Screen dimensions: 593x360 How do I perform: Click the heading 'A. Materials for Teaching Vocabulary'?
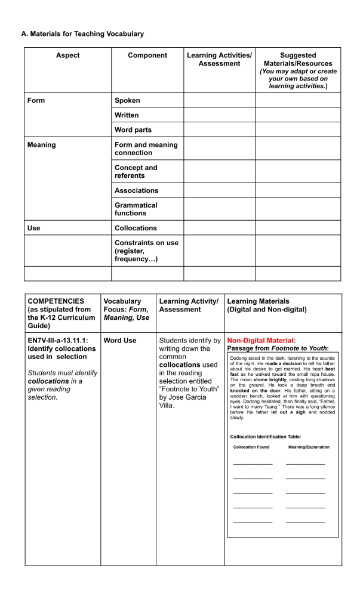click(82, 34)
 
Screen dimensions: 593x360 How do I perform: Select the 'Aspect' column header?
click(67, 55)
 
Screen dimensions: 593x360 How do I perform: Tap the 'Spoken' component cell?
click(127, 100)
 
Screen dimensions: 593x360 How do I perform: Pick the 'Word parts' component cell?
click(133, 129)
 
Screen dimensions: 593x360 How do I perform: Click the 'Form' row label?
click(36, 100)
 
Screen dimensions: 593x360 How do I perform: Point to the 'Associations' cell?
click(136, 190)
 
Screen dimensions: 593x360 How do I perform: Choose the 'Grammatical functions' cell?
click(136, 209)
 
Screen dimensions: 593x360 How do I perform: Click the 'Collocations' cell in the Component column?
click(136, 228)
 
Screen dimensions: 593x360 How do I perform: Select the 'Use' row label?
click(33, 228)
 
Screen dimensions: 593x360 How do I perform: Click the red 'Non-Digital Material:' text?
click(261, 340)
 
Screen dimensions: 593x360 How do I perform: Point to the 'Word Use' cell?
click(119, 341)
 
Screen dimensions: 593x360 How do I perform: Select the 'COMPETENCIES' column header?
click(56, 301)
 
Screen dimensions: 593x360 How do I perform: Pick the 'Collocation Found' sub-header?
click(251, 447)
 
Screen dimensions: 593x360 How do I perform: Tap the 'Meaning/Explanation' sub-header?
click(308, 447)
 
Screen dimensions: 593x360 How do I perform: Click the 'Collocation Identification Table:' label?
click(265, 437)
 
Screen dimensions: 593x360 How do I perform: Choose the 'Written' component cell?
click(127, 115)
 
